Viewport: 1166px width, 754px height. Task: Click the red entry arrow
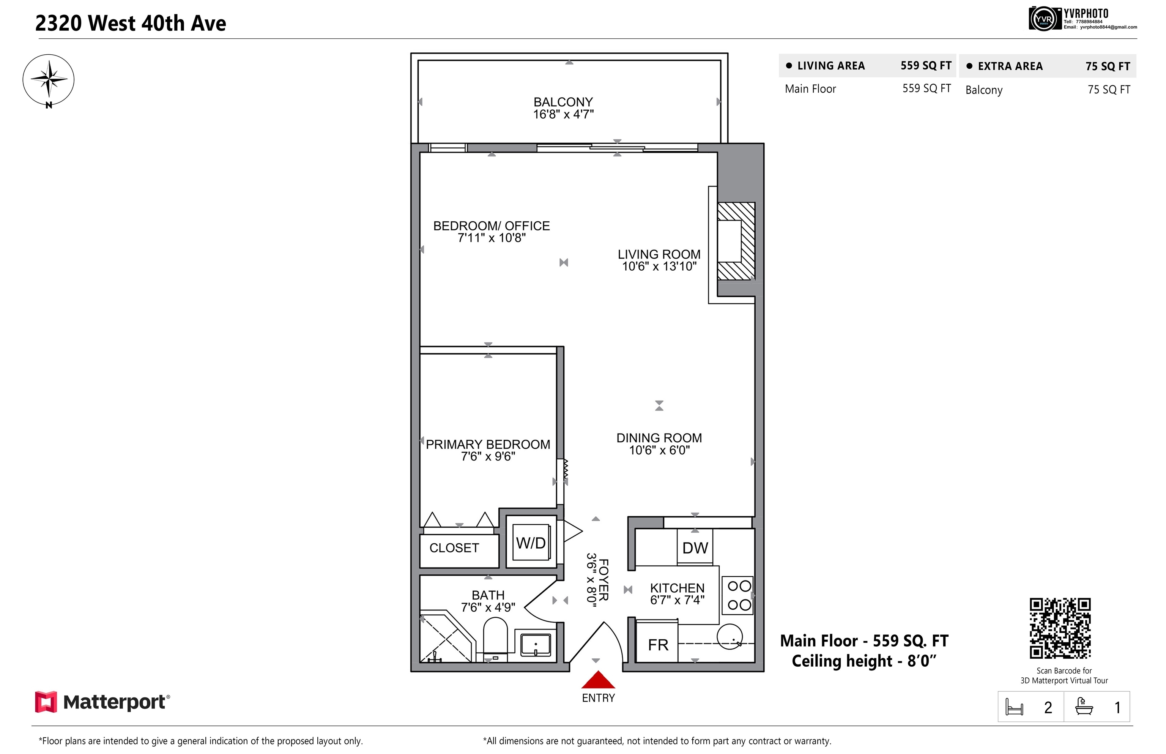click(x=598, y=680)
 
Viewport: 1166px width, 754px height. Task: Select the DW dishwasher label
click(x=695, y=548)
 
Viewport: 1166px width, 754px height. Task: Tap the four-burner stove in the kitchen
click(x=739, y=595)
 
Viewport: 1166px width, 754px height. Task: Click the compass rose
click(x=49, y=80)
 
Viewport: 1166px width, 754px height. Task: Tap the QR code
click(x=1060, y=628)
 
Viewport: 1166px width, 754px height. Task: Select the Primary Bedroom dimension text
click(x=488, y=457)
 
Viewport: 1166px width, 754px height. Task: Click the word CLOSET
click(x=454, y=548)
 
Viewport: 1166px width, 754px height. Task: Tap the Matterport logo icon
click(x=46, y=702)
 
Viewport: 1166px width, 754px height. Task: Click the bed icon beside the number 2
click(x=1014, y=707)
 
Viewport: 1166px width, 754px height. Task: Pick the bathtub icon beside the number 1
click(x=1084, y=707)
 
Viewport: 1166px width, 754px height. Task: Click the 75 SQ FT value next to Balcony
click(x=1109, y=90)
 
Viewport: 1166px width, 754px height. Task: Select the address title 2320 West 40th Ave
click(x=131, y=24)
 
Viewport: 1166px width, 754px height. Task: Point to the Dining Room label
click(x=659, y=438)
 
